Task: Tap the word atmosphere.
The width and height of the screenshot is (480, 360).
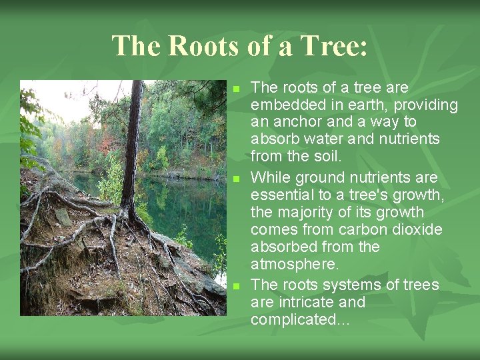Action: click(295, 264)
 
